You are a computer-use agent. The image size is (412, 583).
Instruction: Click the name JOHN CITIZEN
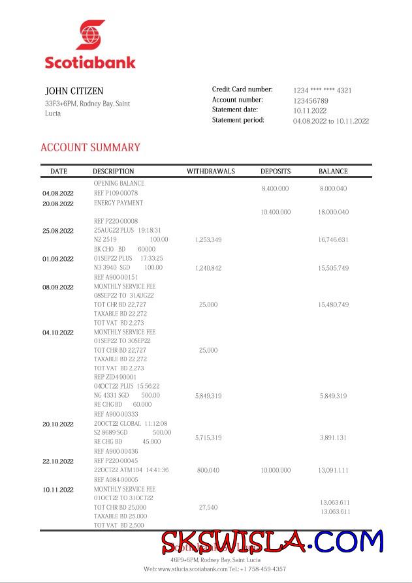click(x=74, y=91)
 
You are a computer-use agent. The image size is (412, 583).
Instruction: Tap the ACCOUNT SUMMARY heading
click(x=90, y=147)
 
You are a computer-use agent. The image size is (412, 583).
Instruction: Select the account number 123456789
click(x=310, y=101)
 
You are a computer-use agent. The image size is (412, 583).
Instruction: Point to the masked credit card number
click(x=322, y=91)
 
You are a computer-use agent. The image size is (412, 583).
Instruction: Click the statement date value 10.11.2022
click(x=310, y=111)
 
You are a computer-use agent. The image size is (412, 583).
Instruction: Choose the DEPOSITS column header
click(x=276, y=172)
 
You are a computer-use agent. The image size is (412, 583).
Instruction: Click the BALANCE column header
click(x=333, y=172)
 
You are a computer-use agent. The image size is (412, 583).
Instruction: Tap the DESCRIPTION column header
click(x=114, y=172)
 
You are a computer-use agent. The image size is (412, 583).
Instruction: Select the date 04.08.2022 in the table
click(x=58, y=194)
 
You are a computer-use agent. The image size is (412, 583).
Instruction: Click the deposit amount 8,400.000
click(x=275, y=188)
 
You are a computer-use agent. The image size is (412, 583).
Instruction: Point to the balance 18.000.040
click(x=333, y=212)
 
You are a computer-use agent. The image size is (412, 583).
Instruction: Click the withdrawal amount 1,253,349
click(x=208, y=240)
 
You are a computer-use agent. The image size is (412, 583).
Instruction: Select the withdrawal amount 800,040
click(x=208, y=470)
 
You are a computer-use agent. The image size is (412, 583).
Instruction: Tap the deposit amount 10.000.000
click(x=276, y=470)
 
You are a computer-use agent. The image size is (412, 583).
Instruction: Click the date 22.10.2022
click(x=58, y=461)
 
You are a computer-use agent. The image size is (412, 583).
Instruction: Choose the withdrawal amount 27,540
click(x=208, y=507)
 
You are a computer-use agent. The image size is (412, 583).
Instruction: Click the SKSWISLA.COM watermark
click(x=272, y=542)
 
